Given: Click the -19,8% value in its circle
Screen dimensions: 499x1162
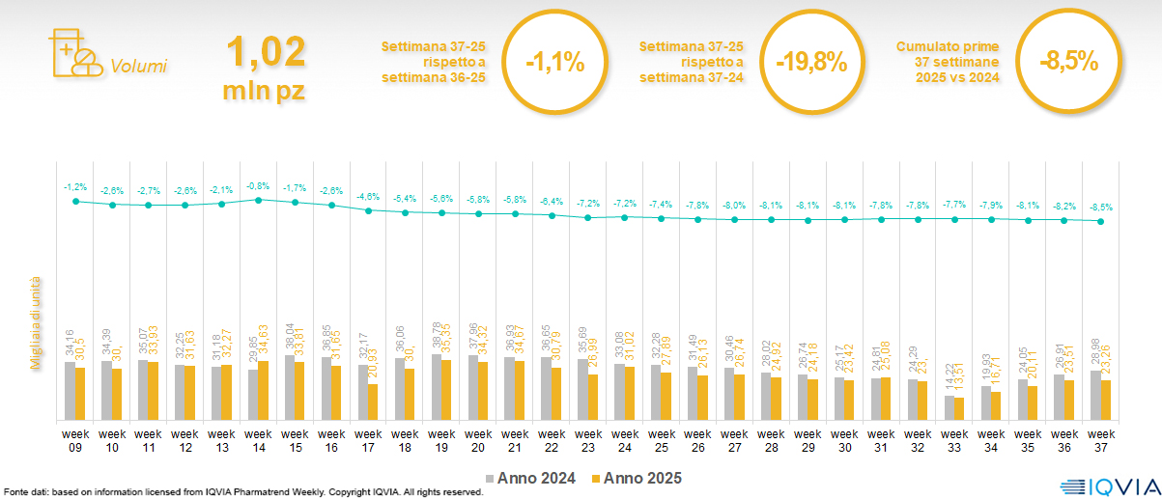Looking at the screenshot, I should (811, 64).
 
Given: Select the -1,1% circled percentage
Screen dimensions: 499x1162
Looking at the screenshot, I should (555, 64).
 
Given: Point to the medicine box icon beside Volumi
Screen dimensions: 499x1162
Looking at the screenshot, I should (73, 53).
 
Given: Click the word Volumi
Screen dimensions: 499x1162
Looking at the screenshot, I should (138, 67).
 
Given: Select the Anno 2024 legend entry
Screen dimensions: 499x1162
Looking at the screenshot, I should (530, 478).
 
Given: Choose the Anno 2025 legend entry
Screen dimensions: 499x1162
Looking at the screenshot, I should (637, 478).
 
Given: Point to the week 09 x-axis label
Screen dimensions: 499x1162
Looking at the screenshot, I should (75, 440).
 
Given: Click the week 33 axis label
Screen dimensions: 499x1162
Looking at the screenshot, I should (954, 440).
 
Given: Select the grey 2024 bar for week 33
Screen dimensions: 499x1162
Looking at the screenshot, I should (949, 408).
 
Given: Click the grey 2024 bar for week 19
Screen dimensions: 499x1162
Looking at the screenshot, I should (436, 387).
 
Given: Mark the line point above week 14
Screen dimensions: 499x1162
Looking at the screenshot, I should (258, 200).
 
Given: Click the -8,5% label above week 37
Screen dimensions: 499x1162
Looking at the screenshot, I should (1101, 207).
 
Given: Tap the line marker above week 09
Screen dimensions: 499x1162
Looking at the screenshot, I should (75, 201).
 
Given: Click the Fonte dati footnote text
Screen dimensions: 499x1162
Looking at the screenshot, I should (241, 492).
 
